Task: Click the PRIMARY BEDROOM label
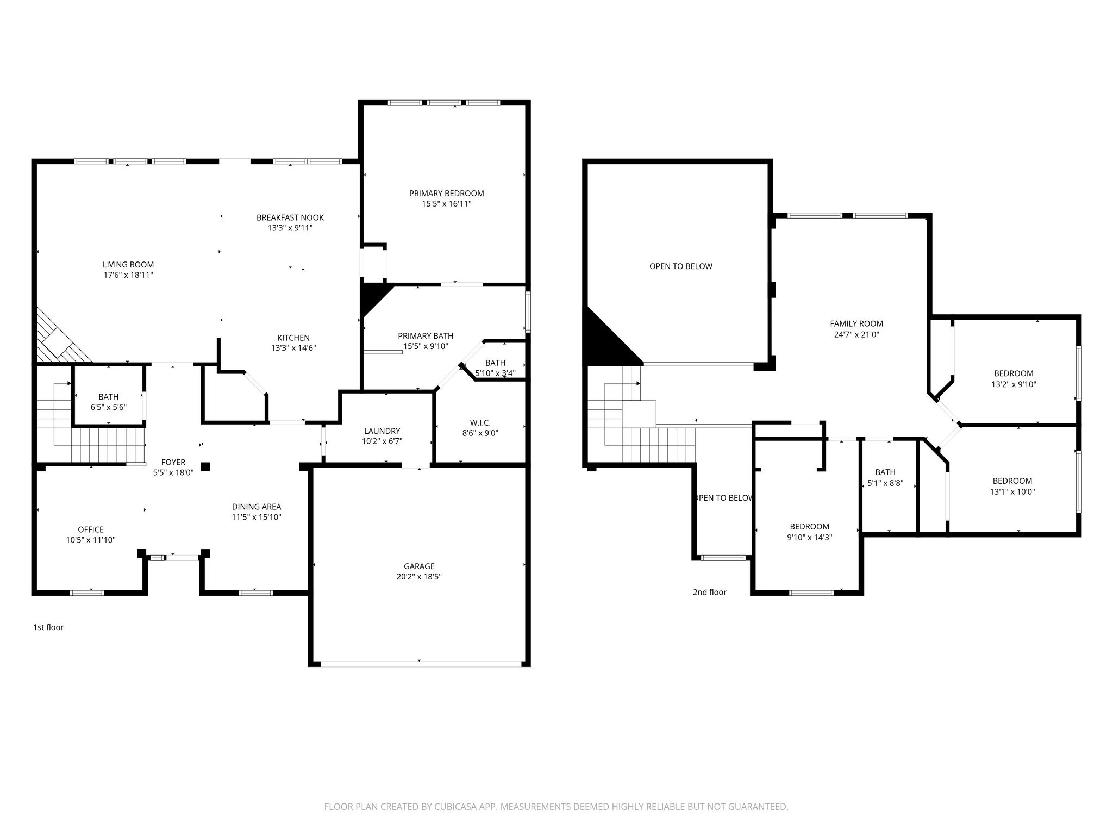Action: (x=446, y=194)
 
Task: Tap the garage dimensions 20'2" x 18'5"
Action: (x=419, y=577)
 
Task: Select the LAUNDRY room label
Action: (x=382, y=431)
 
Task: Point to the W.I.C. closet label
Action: (x=480, y=423)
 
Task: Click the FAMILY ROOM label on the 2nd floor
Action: (x=856, y=323)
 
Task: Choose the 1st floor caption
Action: (x=48, y=627)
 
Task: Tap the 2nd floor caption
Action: (x=709, y=593)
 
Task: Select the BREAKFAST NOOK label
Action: (x=290, y=218)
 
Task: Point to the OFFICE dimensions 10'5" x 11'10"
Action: (x=91, y=540)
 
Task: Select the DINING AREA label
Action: (x=257, y=507)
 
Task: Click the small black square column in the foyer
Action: (x=205, y=466)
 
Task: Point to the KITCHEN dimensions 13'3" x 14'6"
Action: (x=293, y=348)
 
